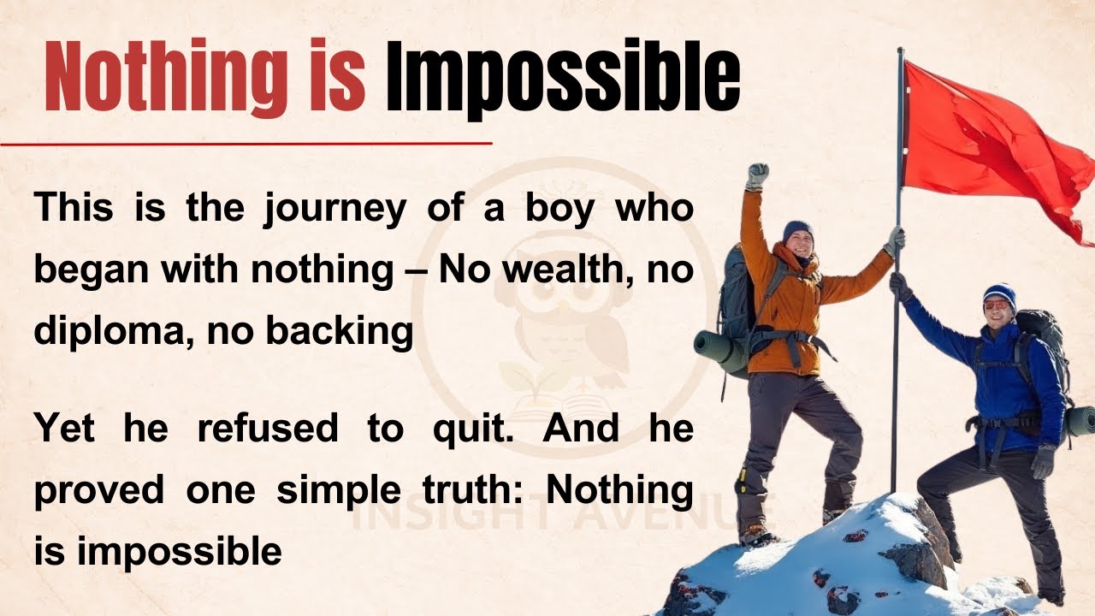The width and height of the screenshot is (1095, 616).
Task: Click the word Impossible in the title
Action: coord(562,77)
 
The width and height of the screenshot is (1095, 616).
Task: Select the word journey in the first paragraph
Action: coord(334,210)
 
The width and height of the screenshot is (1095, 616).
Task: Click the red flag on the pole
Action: coord(984,145)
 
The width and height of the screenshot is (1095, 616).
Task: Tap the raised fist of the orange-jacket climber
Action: coord(757,175)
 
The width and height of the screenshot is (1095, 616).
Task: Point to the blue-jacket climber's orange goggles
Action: coord(996,305)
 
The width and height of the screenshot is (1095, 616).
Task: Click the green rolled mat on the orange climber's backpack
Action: coord(719,352)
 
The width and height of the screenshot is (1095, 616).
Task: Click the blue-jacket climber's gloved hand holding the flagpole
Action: coord(899,285)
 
